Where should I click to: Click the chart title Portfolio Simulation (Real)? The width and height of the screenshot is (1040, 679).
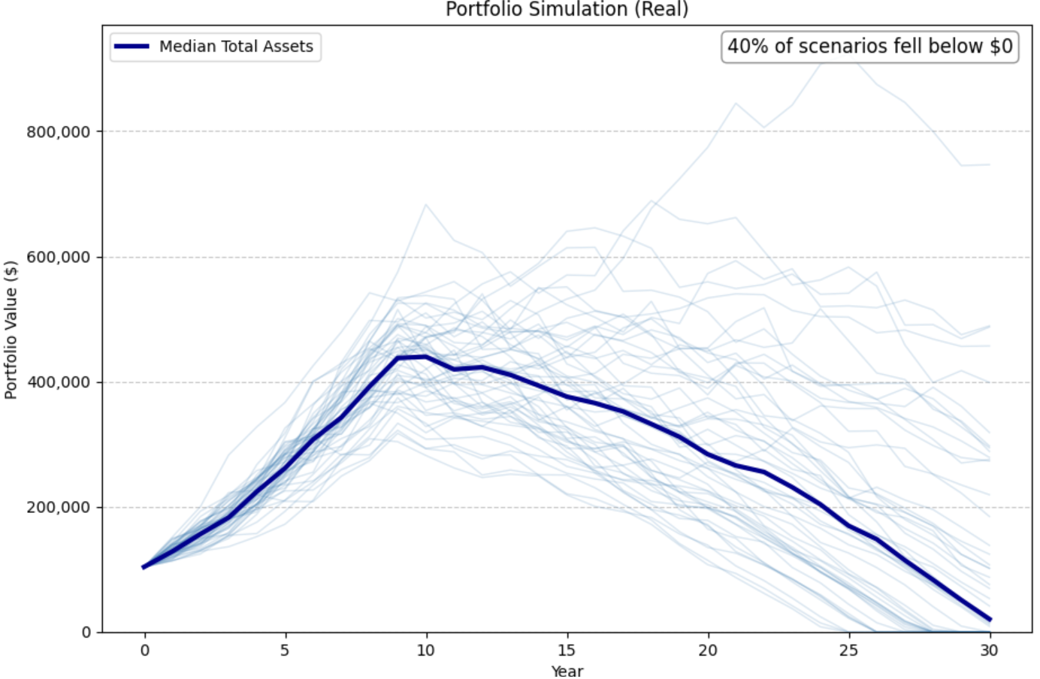tap(567, 9)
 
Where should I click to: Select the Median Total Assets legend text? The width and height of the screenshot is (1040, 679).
tap(236, 47)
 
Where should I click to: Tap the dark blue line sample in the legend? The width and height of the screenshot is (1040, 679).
tap(132, 47)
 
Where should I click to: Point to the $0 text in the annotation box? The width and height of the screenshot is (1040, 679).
tap(1001, 47)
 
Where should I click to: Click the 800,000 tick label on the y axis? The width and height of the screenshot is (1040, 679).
tap(58, 132)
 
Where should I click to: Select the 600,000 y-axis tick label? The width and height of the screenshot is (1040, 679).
tap(58, 257)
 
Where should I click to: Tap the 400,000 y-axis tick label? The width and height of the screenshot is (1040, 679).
tap(58, 382)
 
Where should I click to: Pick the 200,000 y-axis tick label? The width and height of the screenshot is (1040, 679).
tap(58, 507)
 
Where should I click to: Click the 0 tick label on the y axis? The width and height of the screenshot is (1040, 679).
tap(86, 632)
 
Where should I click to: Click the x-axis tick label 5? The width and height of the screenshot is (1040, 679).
tap(285, 650)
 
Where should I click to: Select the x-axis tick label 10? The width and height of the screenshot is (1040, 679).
tap(426, 650)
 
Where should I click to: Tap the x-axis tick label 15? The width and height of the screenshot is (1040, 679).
tap(567, 650)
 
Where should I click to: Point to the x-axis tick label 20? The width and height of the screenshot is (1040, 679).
tap(708, 650)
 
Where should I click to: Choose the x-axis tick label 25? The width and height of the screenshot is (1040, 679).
tap(848, 650)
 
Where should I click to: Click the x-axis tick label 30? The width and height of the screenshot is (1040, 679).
tap(989, 650)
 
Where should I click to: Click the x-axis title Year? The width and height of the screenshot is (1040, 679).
tap(567, 671)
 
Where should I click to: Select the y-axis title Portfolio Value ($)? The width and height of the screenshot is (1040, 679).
tap(11, 330)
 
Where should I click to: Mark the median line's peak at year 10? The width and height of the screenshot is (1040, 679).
tap(426, 357)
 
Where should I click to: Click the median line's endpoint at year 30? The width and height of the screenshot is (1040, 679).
tap(989, 620)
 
